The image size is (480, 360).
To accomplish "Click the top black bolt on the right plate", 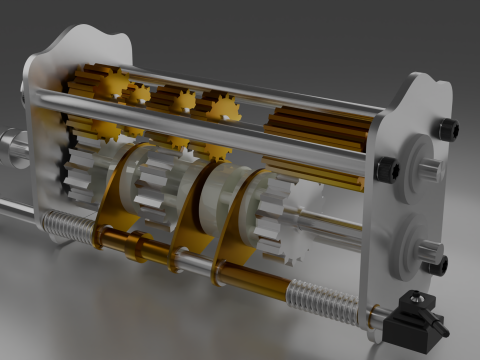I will point(449,129).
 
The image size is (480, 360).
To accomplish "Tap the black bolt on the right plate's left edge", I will point(385,169).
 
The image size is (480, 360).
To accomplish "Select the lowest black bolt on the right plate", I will point(434,264).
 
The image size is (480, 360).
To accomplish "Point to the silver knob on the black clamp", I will point(411,298).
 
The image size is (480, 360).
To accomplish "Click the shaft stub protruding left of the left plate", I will point(12,147).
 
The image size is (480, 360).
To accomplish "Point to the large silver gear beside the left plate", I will point(85,170).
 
